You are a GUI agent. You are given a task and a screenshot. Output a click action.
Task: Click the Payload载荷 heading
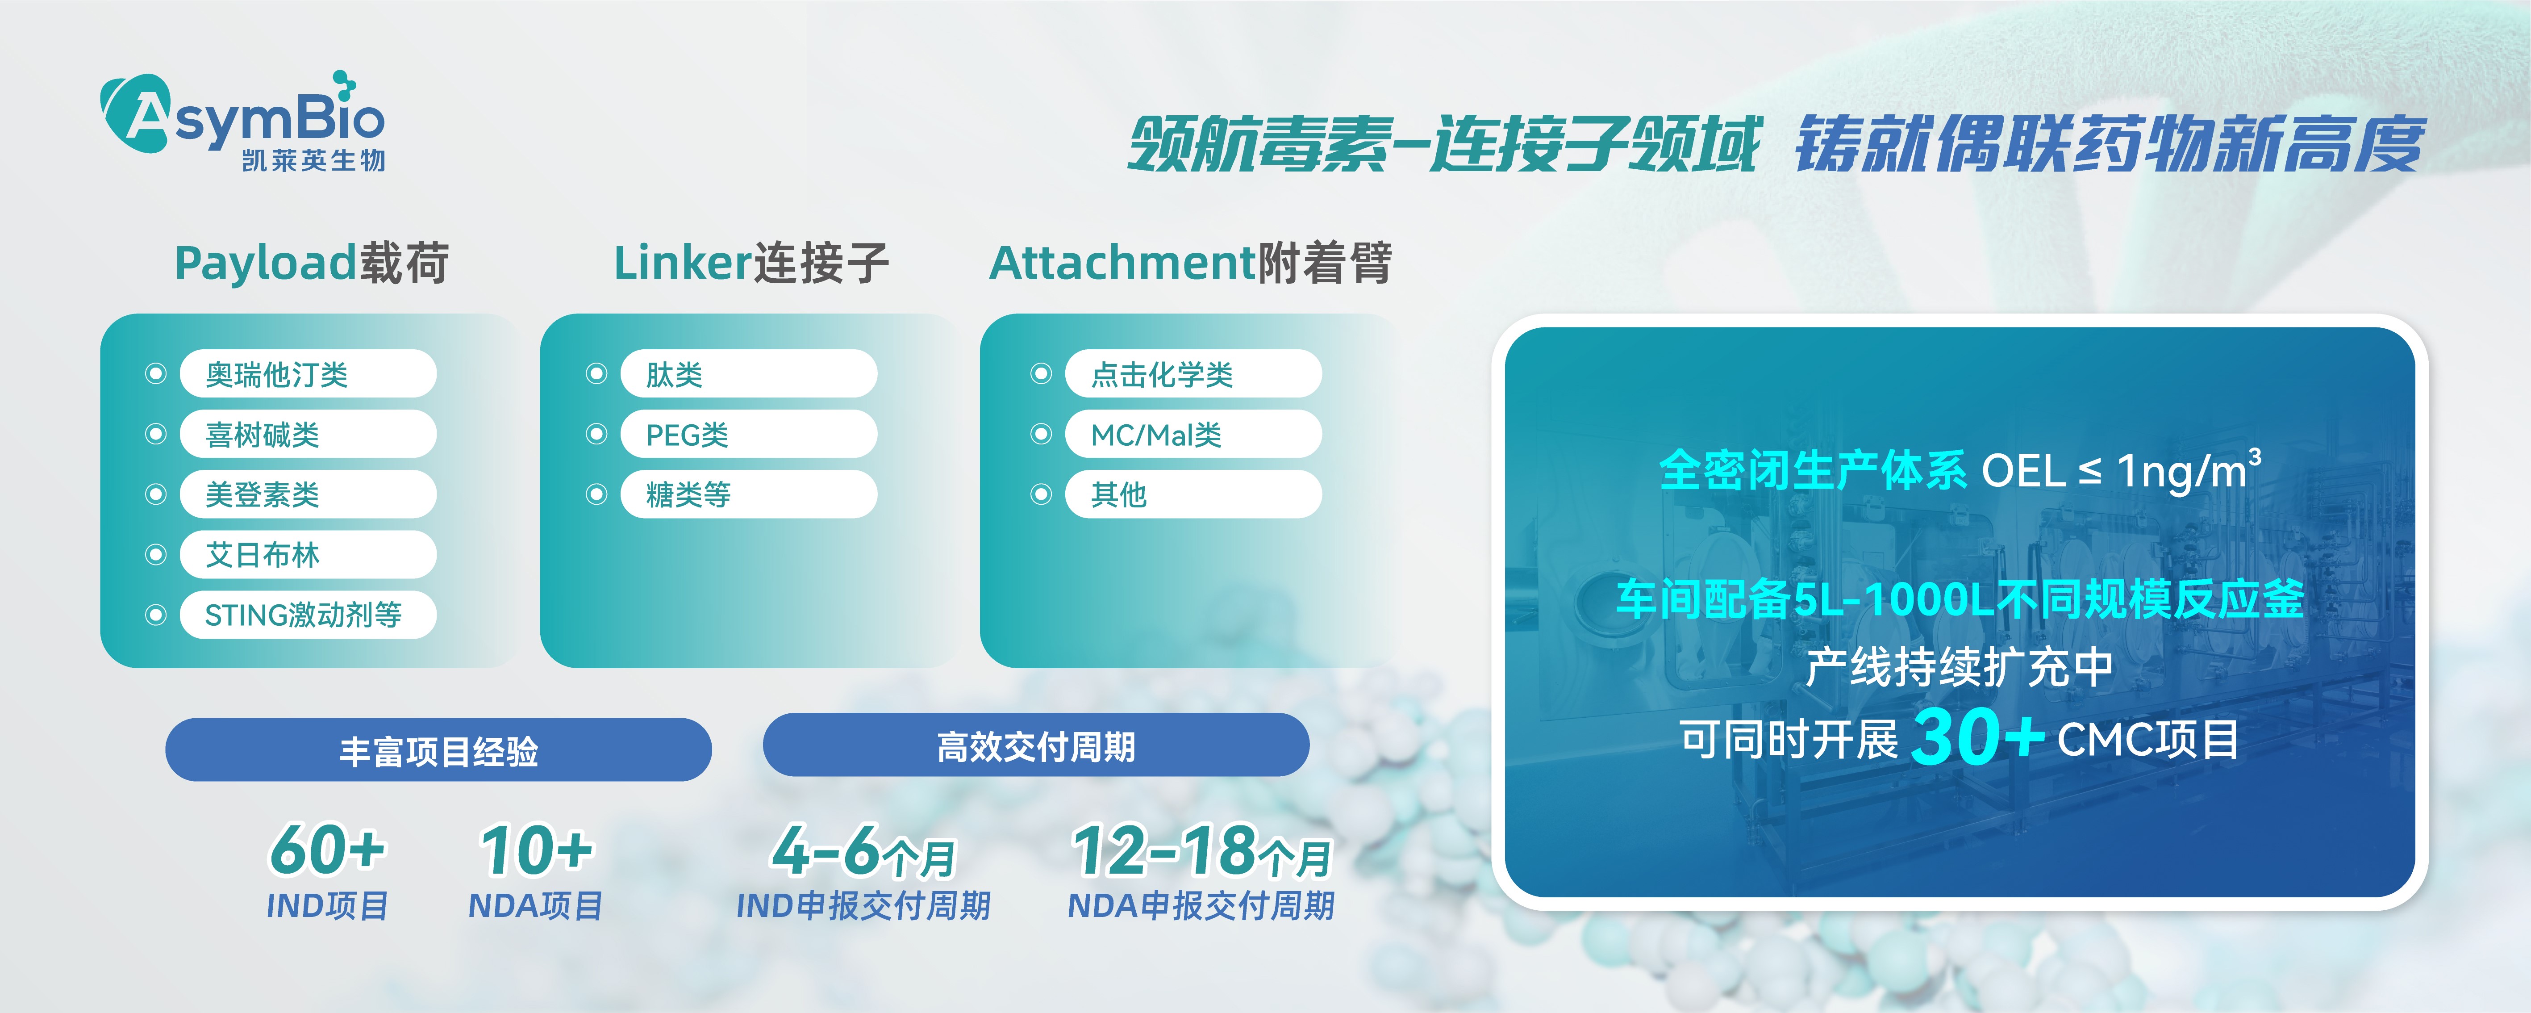[x=312, y=264]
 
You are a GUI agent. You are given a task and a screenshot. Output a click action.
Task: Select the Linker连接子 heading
[x=751, y=264]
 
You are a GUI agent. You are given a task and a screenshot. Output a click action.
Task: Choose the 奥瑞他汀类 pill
[x=308, y=374]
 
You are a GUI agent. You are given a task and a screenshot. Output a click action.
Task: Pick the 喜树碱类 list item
[x=308, y=434]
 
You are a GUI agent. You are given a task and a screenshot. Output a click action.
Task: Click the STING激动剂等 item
[x=308, y=615]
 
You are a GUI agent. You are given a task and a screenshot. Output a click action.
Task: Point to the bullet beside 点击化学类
[x=1041, y=374]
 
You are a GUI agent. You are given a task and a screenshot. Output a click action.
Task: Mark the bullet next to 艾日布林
[x=155, y=555]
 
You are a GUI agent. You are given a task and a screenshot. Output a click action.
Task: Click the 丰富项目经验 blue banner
[x=438, y=751]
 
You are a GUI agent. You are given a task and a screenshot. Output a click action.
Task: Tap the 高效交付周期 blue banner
[x=1036, y=746]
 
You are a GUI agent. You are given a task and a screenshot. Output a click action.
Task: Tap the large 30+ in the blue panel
[x=1977, y=737]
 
